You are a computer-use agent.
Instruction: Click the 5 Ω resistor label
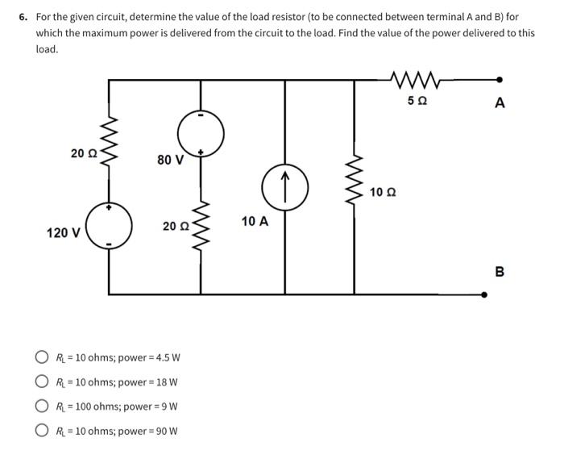[417, 101]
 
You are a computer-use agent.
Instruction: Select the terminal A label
[500, 102]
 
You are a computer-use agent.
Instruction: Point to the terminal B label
[500, 272]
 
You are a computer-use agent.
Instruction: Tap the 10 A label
[255, 221]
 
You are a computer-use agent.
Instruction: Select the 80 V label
[170, 160]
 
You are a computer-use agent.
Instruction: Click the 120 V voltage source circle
[110, 228]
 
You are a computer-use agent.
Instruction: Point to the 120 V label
[63, 233]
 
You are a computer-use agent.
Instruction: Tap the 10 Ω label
[383, 192]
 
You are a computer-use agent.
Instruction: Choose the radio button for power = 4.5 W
[41, 357]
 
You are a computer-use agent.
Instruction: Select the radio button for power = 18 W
[41, 382]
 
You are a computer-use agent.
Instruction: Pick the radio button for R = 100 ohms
[41, 406]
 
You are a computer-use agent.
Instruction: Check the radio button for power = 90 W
[41, 430]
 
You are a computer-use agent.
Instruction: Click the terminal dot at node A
[500, 80]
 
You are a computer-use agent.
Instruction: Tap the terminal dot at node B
[484, 294]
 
